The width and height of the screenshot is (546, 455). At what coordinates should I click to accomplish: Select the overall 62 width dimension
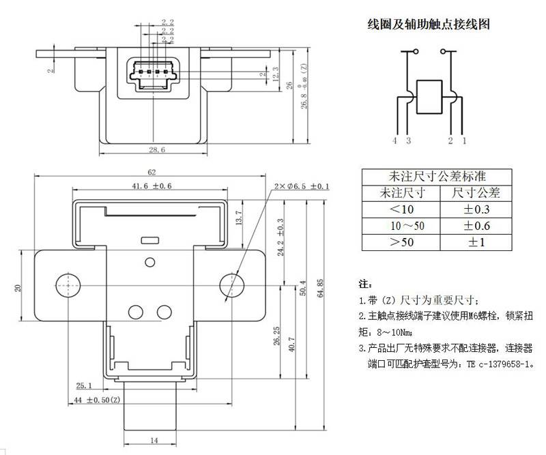point(152,172)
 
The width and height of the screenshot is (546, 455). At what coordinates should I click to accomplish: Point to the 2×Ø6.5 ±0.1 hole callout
point(301,186)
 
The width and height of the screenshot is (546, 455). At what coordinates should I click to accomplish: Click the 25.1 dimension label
point(85,385)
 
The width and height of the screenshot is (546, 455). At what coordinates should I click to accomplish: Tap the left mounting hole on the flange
point(67,284)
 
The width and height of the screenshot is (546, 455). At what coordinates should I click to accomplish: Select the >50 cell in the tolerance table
point(401,242)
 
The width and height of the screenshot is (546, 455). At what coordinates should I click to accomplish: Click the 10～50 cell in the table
point(401,226)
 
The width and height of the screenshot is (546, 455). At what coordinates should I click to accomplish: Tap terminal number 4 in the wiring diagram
point(394,141)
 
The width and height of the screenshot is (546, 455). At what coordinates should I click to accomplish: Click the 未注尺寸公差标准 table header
point(437,176)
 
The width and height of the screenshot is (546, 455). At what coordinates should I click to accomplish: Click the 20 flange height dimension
point(18,287)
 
